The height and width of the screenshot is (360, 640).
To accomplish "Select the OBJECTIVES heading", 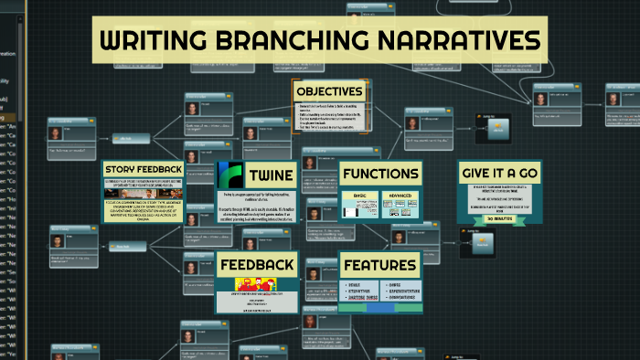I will pos(329,92).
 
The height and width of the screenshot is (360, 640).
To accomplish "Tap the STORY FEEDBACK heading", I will pos(144,170).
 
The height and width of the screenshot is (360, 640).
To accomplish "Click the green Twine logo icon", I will pos(229,175).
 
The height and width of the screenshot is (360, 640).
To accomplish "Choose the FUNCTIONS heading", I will pos(380,174).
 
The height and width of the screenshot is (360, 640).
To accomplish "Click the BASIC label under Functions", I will pos(353,196).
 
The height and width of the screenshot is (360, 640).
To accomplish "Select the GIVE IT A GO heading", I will pos(499,174).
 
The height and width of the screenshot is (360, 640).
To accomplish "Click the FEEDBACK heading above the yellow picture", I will pos(257,265).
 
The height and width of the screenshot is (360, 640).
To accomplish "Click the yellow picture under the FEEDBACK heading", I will pos(257,285).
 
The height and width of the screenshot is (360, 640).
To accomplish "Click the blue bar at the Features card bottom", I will pos(380,307).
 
